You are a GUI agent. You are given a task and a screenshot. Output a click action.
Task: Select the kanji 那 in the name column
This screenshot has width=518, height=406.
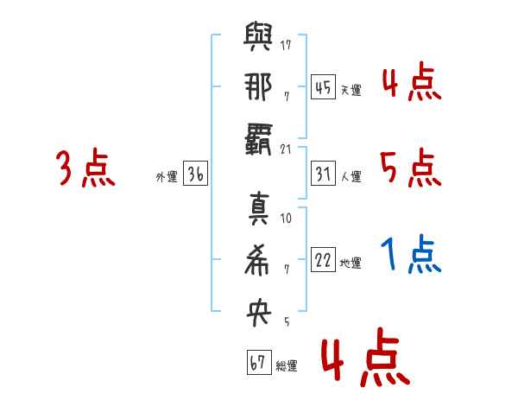coord(258,89)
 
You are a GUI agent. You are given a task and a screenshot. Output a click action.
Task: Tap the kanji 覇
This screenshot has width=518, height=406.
coord(258,139)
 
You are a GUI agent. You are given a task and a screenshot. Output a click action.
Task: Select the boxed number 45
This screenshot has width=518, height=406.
coord(323,87)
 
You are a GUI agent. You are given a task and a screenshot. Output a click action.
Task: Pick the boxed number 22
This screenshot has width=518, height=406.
coord(323,261)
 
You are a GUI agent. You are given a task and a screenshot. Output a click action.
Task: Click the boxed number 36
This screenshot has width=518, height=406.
coord(195,174)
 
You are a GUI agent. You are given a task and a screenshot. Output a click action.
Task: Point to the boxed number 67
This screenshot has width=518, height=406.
coord(258,363)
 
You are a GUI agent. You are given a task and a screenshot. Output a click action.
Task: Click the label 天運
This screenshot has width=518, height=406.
coord(351,90)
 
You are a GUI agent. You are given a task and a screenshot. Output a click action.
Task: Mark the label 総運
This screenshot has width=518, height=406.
coord(287,365)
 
